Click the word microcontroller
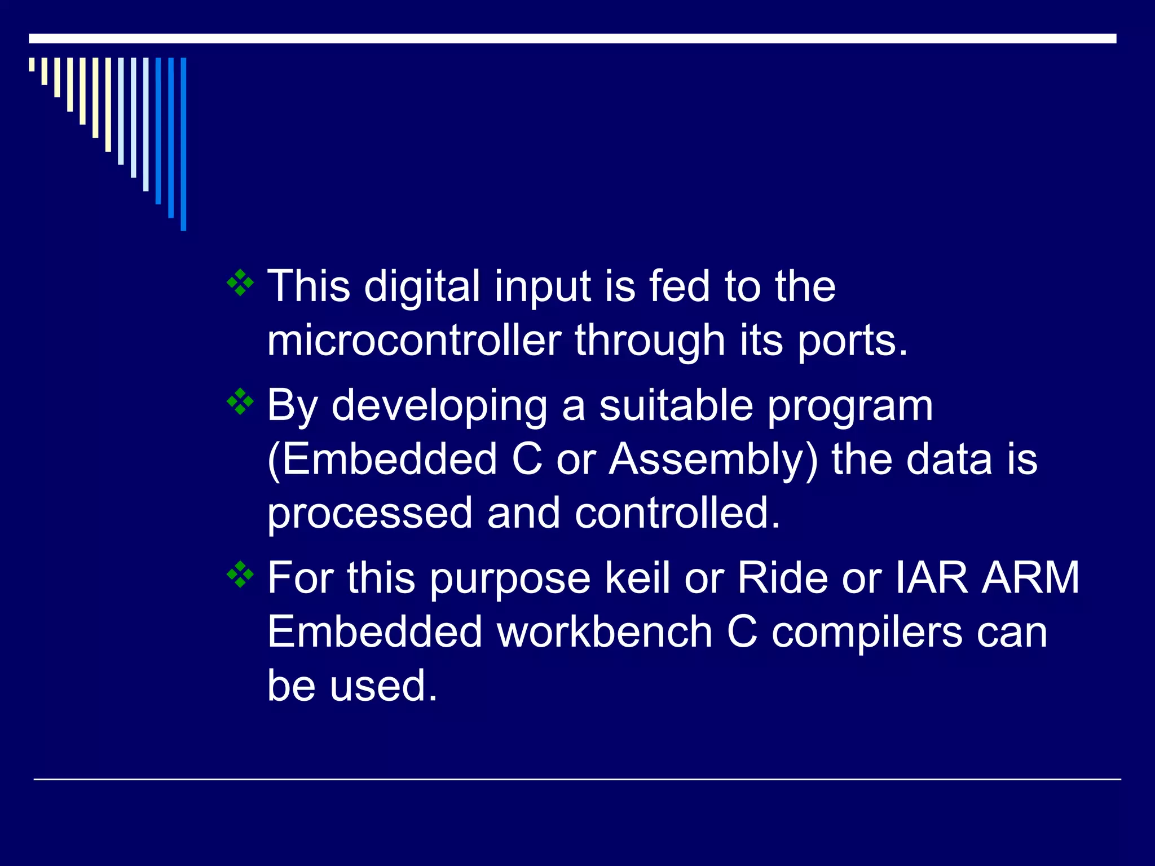pos(414,341)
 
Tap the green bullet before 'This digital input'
pos(240,283)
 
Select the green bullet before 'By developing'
pos(240,402)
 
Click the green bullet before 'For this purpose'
pos(240,575)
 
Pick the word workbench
pos(605,631)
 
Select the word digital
pos(422,286)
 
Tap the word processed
pos(369,514)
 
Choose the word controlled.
pos(677,513)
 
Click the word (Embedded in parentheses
pos(382,459)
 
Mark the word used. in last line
pos(383,686)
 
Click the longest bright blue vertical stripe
pos(183,144)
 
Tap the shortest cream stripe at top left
pos(32,64)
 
